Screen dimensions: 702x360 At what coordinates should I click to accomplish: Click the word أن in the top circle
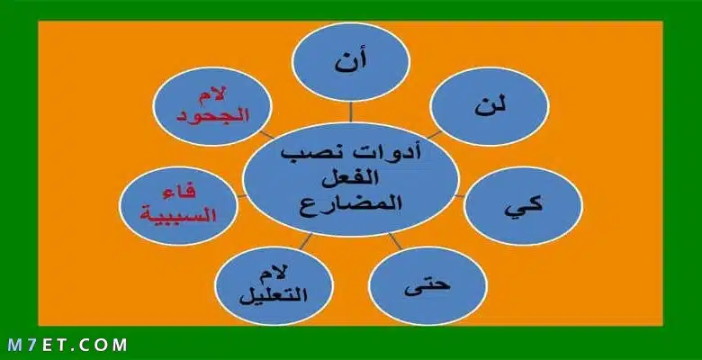[351, 61]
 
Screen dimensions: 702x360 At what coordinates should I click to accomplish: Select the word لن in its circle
[490, 106]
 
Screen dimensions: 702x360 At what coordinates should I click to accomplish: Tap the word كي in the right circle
[524, 206]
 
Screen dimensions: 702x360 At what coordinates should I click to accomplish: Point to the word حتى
[427, 285]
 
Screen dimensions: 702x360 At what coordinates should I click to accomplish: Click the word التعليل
[273, 295]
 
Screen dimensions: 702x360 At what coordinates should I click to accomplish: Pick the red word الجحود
[212, 115]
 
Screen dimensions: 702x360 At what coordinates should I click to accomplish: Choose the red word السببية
[178, 214]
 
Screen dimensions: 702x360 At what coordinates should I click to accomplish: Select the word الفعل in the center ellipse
[351, 177]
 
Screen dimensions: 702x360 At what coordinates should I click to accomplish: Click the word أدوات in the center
[385, 152]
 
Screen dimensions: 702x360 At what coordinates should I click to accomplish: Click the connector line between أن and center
[351, 112]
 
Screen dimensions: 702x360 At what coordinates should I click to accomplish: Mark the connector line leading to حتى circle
[395, 241]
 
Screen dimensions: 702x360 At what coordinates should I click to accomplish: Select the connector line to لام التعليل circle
[306, 241]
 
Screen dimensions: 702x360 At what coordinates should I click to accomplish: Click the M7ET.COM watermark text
[67, 345]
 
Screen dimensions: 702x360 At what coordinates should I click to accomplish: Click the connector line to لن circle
[434, 135]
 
